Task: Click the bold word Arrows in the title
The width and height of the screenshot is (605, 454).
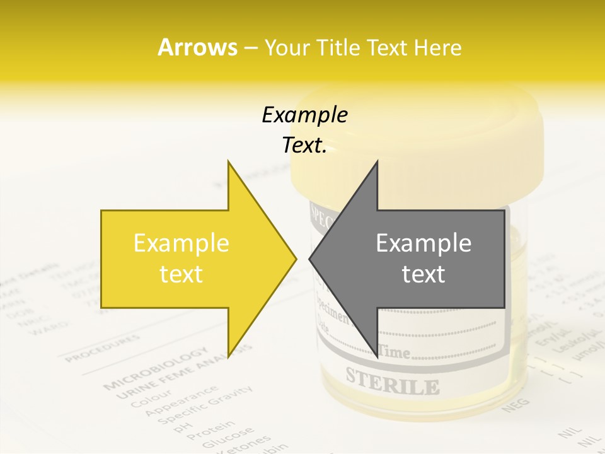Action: (x=197, y=47)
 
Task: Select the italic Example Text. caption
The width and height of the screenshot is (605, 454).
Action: (x=304, y=130)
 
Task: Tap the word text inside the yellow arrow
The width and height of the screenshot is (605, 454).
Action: (x=181, y=274)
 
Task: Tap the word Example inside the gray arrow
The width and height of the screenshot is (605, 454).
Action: (x=423, y=243)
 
